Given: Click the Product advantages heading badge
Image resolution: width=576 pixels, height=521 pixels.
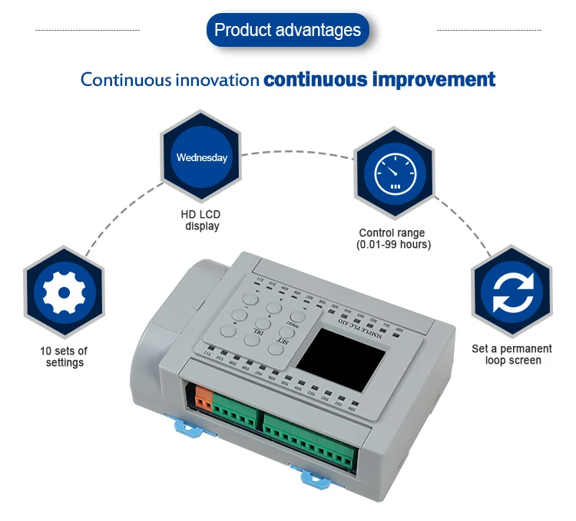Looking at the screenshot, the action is pyautogui.click(x=287, y=31).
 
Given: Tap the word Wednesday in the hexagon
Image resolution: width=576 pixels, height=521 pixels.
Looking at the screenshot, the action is pyautogui.click(x=202, y=157).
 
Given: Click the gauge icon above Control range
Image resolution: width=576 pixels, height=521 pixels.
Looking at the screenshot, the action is pyautogui.click(x=394, y=173).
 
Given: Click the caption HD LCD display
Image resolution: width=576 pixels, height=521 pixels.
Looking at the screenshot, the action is pyautogui.click(x=201, y=220).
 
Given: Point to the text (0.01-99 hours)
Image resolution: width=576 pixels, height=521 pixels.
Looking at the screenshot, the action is pyautogui.click(x=394, y=245).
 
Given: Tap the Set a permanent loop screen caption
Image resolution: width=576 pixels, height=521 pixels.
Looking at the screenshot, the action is pyautogui.click(x=512, y=354).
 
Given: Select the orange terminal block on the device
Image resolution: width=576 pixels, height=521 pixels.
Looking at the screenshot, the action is pyautogui.click(x=204, y=400).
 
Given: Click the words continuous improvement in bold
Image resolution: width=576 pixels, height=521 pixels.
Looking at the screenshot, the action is pyautogui.click(x=379, y=79).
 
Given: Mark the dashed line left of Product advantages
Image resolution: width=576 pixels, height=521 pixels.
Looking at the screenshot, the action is pyautogui.click(x=88, y=30).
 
